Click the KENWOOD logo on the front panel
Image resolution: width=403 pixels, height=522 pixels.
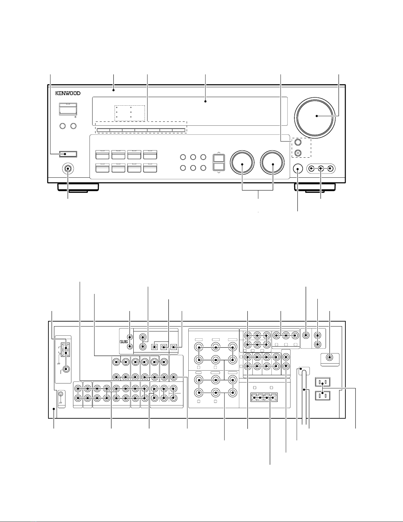68,93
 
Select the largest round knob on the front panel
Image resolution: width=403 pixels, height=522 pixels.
314,116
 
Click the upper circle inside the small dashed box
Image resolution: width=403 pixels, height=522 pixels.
298,142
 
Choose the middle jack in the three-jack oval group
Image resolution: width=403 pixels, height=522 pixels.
321,169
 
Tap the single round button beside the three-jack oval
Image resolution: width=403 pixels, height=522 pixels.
298,169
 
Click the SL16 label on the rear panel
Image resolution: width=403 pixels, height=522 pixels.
124,341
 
